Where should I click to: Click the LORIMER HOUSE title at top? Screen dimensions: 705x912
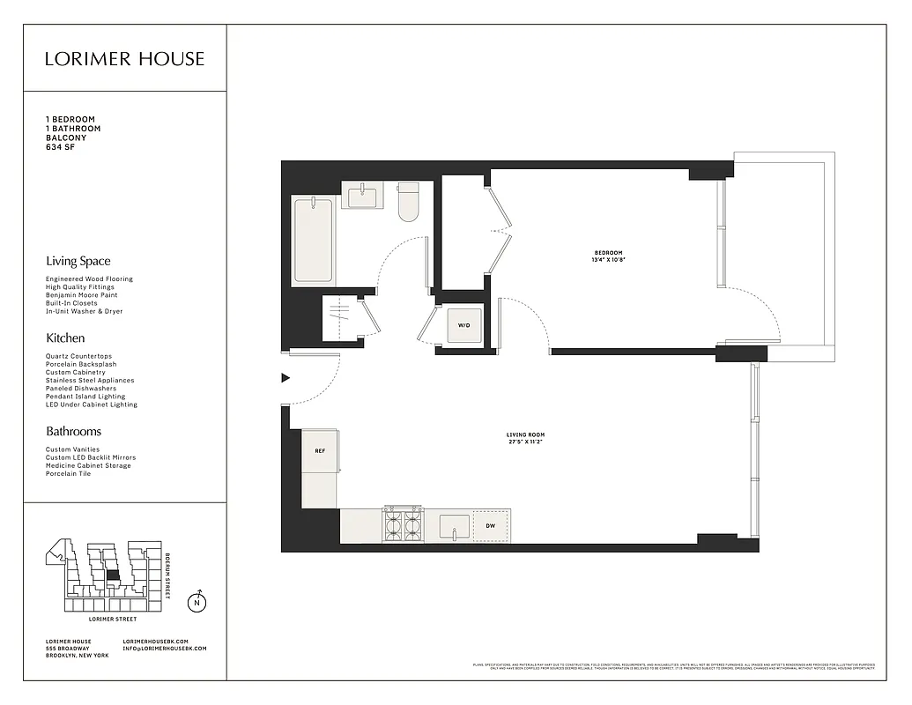pyautogui.click(x=124, y=59)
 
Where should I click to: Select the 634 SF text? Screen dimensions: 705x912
pyautogui.click(x=62, y=147)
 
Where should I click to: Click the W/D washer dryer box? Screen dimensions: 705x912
pyautogui.click(x=463, y=325)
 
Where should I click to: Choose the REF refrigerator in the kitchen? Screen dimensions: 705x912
pyautogui.click(x=320, y=451)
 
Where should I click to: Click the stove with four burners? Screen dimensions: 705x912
pyautogui.click(x=402, y=525)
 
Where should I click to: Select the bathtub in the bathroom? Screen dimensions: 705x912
pyautogui.click(x=313, y=240)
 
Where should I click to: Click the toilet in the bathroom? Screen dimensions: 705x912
pyautogui.click(x=409, y=202)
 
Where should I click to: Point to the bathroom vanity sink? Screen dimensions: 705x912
pyautogui.click(x=362, y=196)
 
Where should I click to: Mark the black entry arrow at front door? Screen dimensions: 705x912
pyautogui.click(x=285, y=378)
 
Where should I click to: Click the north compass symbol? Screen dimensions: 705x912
pyautogui.click(x=197, y=604)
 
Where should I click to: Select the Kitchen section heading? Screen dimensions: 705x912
pyautogui.click(x=65, y=338)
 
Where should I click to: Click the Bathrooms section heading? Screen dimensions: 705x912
pyautogui.click(x=73, y=432)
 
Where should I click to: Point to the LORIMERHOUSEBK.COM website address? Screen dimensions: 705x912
pyautogui.click(x=156, y=641)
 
